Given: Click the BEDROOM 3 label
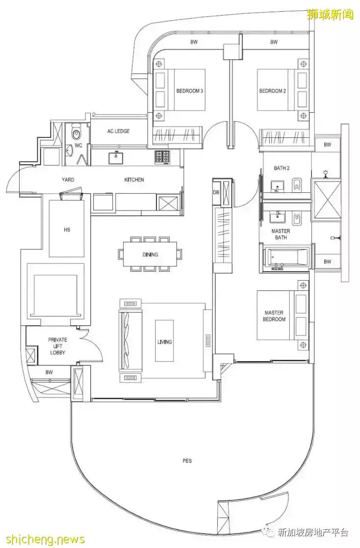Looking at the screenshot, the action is pyautogui.click(x=190, y=91).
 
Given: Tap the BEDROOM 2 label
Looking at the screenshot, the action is pyautogui.click(x=273, y=91).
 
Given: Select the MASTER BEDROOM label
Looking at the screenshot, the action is pyautogui.click(x=274, y=316).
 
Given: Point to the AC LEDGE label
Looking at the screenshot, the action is pyautogui.click(x=118, y=131).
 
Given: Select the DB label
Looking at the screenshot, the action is pyautogui.click(x=216, y=192).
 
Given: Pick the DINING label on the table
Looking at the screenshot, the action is pyautogui.click(x=150, y=255).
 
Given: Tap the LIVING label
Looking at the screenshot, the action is pyautogui.click(x=164, y=342).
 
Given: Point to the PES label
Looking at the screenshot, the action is pyautogui.click(x=187, y=461).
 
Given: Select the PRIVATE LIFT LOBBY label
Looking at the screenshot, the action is pyautogui.click(x=58, y=346).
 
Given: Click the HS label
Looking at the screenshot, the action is pyautogui.click(x=67, y=230).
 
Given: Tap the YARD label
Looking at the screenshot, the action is pyautogui.click(x=68, y=180).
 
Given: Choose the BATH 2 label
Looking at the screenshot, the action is pyautogui.click(x=282, y=168).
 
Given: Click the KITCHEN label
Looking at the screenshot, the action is pyautogui.click(x=134, y=180).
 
